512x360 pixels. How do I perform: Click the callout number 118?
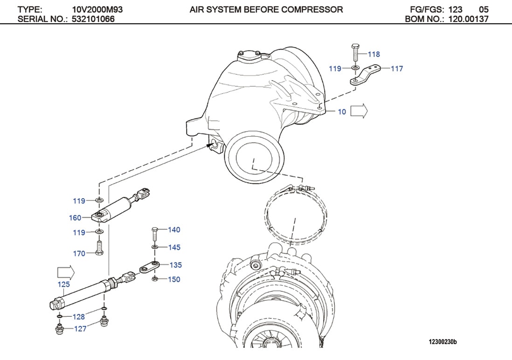[x=374, y=55]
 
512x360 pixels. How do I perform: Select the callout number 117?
[x=396, y=69]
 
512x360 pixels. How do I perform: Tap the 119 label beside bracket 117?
[x=335, y=69]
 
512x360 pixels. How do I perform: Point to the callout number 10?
[x=342, y=112]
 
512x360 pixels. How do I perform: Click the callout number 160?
[x=75, y=218]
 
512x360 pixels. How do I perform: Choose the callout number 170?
[x=79, y=254]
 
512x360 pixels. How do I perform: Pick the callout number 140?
[x=174, y=230]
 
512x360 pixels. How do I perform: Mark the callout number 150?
[x=174, y=280]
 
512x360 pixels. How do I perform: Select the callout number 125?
[x=64, y=284]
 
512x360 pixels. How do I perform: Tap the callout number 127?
[x=80, y=329]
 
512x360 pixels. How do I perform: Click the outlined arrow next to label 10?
[x=359, y=111]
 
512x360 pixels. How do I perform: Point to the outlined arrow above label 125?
[x=65, y=271]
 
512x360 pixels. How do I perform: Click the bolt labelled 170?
[x=99, y=247]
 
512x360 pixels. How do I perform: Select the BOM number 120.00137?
[x=468, y=19]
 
